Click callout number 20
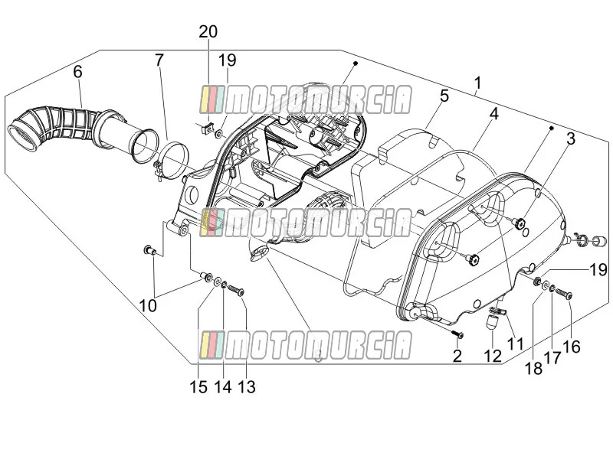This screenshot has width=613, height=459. [208, 31]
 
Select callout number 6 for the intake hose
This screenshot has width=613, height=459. [78, 72]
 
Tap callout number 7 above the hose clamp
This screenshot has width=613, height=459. [159, 60]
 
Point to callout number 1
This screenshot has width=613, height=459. [477, 83]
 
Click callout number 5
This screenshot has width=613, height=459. [444, 96]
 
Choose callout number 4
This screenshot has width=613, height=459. [493, 114]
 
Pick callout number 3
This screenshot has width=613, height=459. [571, 138]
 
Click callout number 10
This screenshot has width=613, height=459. [148, 306]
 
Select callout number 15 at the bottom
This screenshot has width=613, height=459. [198, 387]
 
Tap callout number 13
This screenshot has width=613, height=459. [246, 387]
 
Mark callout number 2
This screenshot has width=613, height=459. [457, 356]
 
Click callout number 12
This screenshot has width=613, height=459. [492, 356]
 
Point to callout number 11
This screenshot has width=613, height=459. [515, 344]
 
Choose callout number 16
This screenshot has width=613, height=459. [572, 347]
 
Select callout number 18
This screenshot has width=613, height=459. [533, 368]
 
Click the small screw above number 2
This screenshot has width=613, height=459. [457, 334]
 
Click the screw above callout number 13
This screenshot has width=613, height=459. [237, 291]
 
